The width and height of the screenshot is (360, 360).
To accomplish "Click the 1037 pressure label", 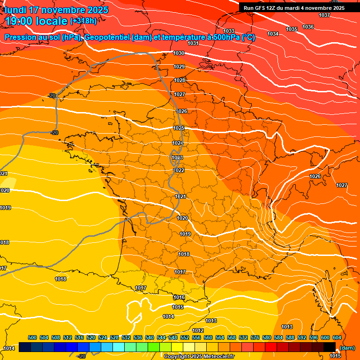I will pos(324,15).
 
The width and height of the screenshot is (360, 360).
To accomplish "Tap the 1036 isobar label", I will pos(308,27).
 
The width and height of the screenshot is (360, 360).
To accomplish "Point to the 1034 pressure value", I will pos(273,34).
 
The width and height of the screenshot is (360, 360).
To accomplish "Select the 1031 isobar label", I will pos(193,43).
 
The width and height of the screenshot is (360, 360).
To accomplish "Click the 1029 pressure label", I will pos(179,67).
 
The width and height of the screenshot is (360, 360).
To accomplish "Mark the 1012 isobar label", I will pos(198,330).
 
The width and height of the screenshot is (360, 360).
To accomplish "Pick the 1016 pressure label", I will pos(179,298).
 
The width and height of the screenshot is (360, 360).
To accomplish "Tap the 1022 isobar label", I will pos(179,171).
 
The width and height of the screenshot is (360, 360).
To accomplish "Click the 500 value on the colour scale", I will pos(32,337).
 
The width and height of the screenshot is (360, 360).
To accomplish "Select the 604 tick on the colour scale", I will pos(337,337).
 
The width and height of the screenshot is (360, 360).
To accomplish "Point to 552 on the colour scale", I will pos(185,337).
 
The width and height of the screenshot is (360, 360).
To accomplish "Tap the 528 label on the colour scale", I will pos(114,337).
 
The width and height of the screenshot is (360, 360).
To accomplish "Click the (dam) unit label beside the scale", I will pos(347,348).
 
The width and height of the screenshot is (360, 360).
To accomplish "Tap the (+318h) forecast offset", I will pos(83,21).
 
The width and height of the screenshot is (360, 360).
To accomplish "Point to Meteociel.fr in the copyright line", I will pos(219,356).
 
